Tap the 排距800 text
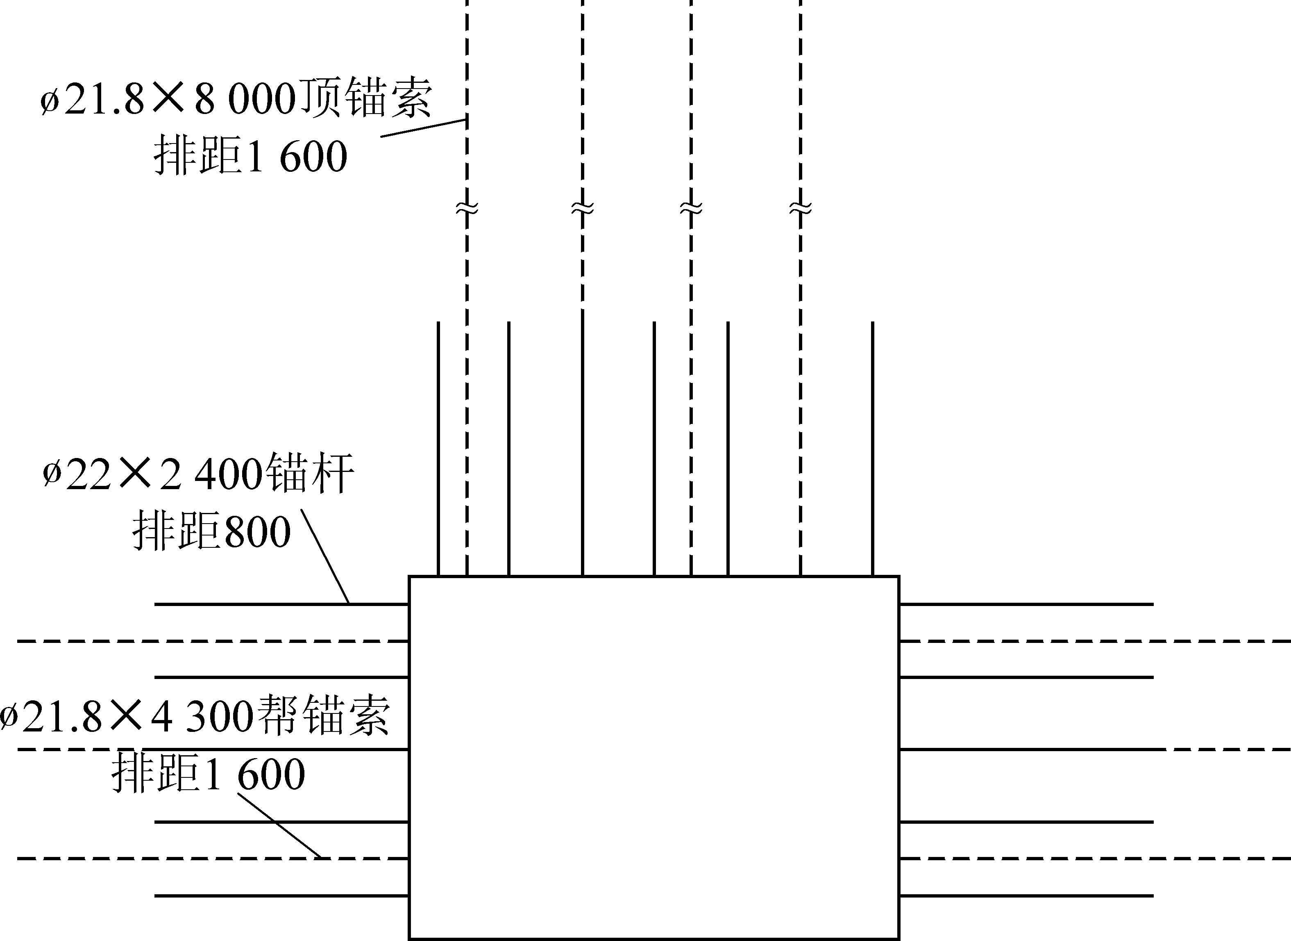[x=212, y=531]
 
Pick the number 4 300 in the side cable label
[x=202, y=717]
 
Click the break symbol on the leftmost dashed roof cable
[x=467, y=209]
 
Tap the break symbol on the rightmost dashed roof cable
[x=800, y=209]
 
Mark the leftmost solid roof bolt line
[x=438, y=449]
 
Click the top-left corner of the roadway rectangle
[x=410, y=576]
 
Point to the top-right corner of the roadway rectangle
[x=899, y=576]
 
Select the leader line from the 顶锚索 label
[x=424, y=128]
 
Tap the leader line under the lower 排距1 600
[x=280, y=826]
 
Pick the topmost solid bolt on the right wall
[x=1026, y=604]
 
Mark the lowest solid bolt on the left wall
[x=282, y=896]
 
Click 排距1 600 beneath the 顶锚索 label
[x=250, y=156]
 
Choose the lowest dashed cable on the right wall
[x=1095, y=858]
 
